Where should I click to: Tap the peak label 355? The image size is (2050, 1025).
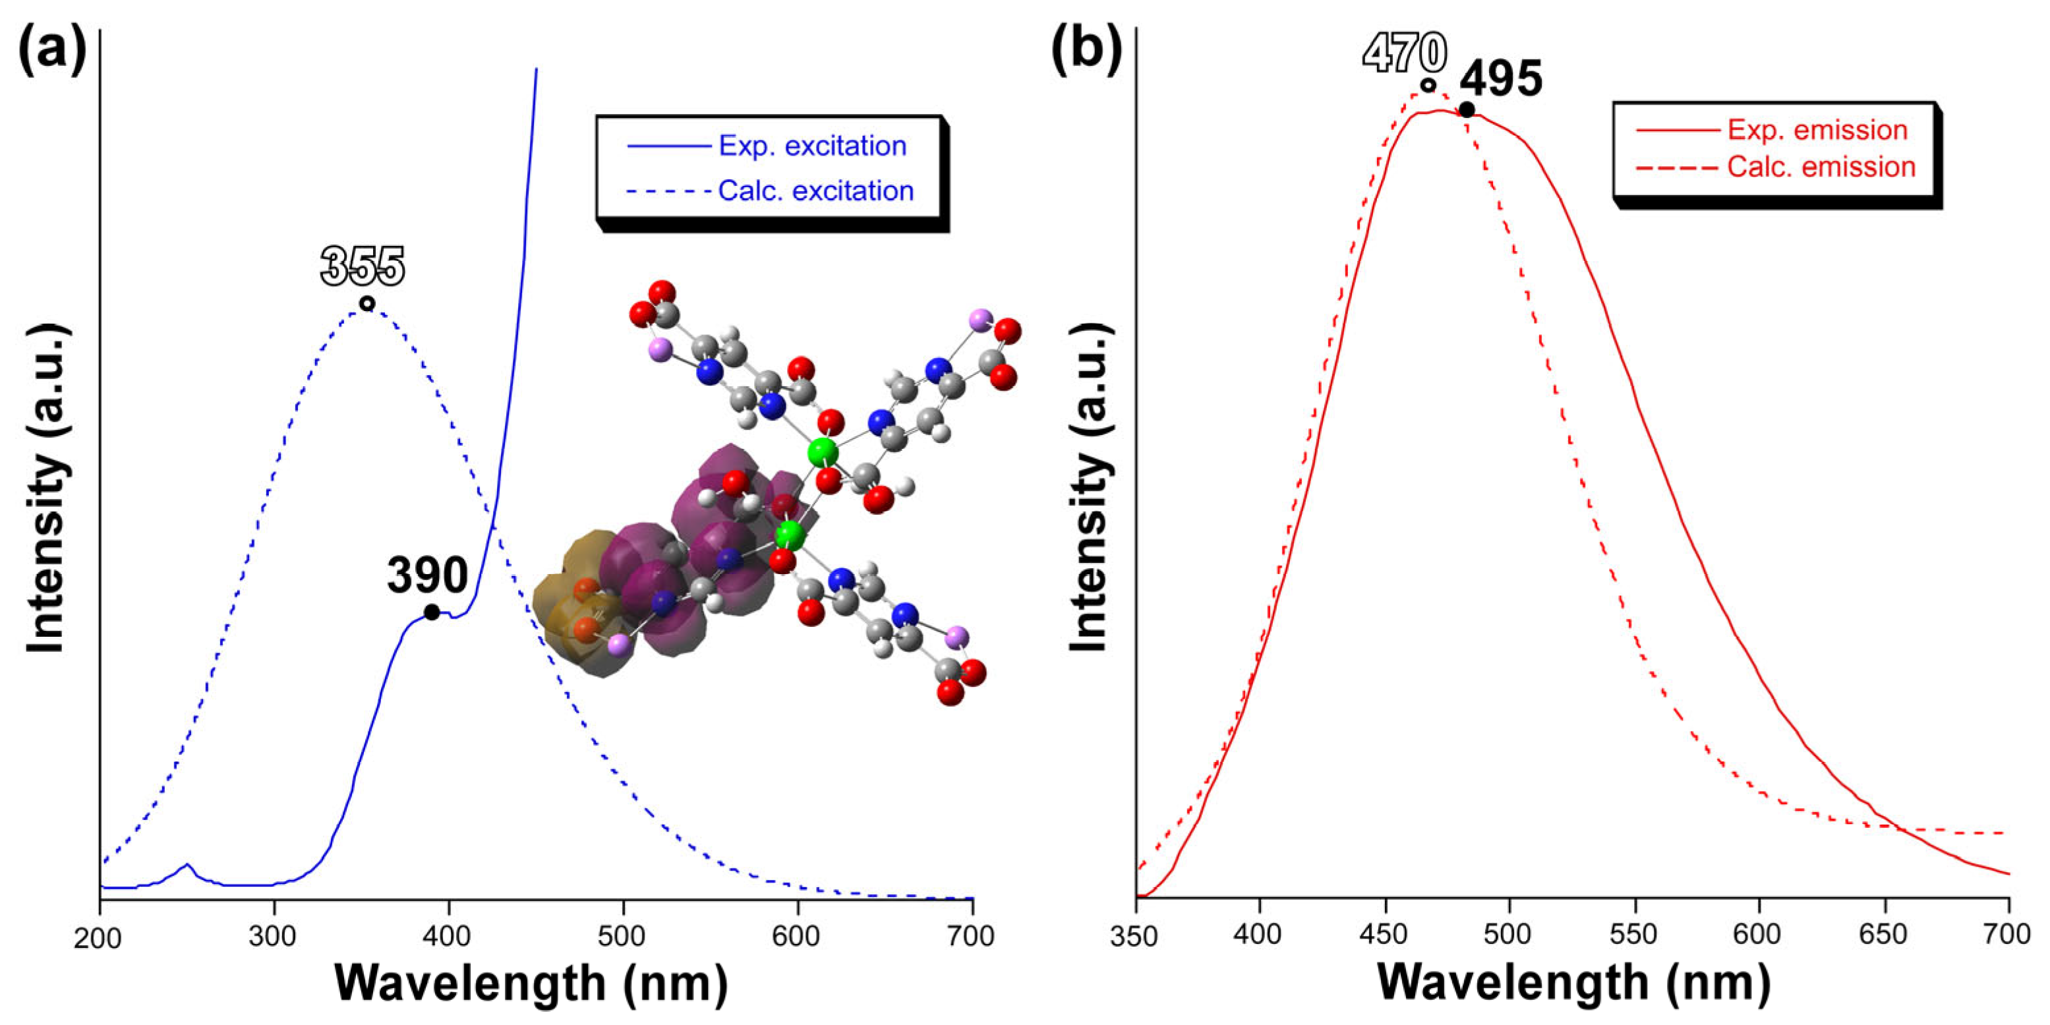coord(363,266)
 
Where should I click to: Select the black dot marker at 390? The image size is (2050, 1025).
coord(431,612)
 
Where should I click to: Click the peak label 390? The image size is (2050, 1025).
coord(427,575)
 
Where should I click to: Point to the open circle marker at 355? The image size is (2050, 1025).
coord(366,303)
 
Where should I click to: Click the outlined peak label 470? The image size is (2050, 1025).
coord(1405,53)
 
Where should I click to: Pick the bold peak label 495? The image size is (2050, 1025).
coord(1501,79)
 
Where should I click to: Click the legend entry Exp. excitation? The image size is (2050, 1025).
coord(811,146)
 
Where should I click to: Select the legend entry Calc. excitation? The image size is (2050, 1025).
coord(815,190)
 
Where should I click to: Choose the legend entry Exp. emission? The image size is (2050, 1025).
coord(1817,130)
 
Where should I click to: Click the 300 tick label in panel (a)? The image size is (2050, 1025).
coord(273,936)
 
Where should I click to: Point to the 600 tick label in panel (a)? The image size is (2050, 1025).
coord(796,936)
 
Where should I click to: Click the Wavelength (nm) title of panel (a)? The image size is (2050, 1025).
coord(531,983)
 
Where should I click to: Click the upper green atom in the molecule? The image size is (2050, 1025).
coord(822,453)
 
